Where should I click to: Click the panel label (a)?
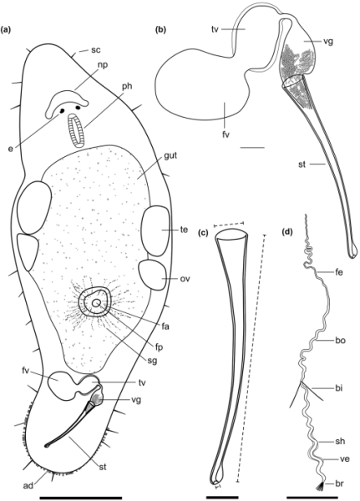pyautogui.click(x=7, y=30)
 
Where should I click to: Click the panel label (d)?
pyautogui.click(x=288, y=232)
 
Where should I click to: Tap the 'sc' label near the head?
pyautogui.click(x=96, y=50)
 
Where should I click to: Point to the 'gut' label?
pyautogui.click(x=170, y=156)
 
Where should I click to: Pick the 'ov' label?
pyautogui.click(x=185, y=279)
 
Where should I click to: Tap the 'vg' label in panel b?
pyautogui.click(x=327, y=42)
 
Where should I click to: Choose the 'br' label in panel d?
pyautogui.click(x=339, y=483)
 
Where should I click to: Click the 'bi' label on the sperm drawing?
pyautogui.click(x=339, y=388)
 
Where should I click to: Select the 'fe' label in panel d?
pyautogui.click(x=339, y=272)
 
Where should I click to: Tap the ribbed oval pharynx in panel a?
pyautogui.click(x=76, y=131)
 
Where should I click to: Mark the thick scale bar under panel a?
pyautogui.click(x=80, y=498)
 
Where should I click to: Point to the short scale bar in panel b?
pyautogui.click(x=252, y=148)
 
